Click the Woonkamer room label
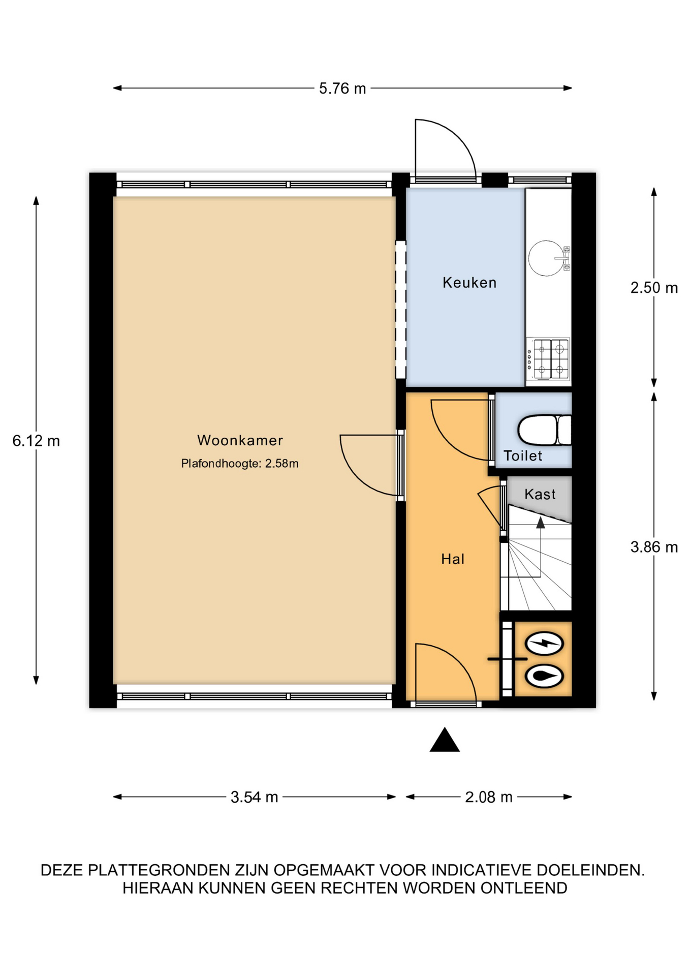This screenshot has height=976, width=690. point(240,440)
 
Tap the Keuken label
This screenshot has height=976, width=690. point(469,283)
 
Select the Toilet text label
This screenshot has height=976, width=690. point(523,456)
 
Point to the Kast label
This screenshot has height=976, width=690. point(540,494)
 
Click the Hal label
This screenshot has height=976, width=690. point(453,559)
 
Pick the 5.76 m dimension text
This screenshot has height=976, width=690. point(342,88)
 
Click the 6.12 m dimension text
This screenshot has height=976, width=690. point(36,441)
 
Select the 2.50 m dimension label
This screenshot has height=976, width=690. point(654,288)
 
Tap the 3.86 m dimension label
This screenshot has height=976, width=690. point(654,547)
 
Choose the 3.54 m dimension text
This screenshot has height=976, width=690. point(254,797)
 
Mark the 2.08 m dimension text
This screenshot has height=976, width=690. point(489,797)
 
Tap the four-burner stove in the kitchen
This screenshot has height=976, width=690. point(548,359)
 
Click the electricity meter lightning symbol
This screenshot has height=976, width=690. point(544,644)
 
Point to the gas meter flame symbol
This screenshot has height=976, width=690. point(544,677)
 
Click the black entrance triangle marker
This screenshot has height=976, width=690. point(445,740)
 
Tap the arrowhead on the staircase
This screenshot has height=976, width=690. point(540,523)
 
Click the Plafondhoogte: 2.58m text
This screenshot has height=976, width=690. point(240,464)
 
